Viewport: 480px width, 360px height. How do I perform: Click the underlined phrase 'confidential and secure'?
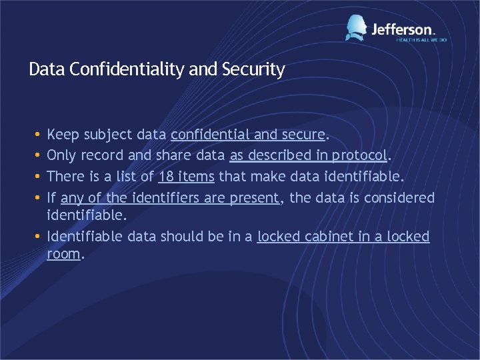pyautogui.click(x=248, y=135)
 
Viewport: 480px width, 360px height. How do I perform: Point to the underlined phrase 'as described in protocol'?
pyautogui.click(x=308, y=155)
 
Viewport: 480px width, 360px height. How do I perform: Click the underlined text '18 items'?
pyautogui.click(x=186, y=177)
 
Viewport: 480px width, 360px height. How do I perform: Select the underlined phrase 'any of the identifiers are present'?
pyautogui.click(x=170, y=198)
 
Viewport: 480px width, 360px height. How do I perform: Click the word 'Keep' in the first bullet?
pyautogui.click(x=62, y=135)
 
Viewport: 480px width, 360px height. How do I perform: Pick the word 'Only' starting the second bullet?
pyautogui.click(x=61, y=155)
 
